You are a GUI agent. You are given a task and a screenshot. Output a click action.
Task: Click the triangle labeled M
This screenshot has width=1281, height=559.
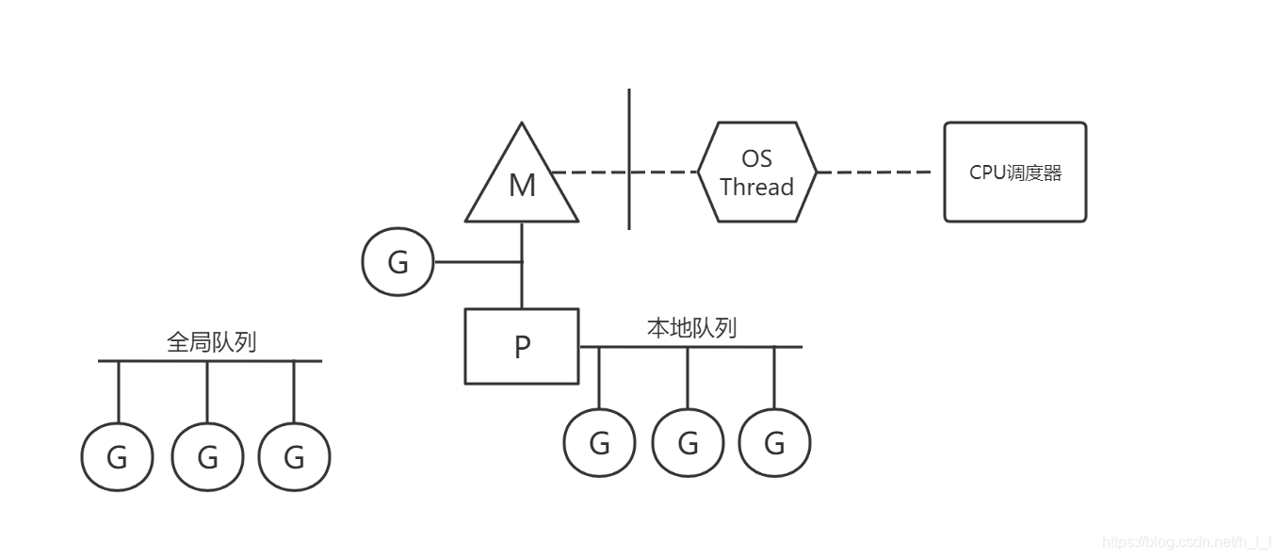tap(522, 182)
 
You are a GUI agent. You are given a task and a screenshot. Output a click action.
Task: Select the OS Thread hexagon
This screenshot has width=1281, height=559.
tap(756, 172)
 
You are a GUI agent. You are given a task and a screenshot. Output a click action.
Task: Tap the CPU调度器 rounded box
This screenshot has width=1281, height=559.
tap(1014, 172)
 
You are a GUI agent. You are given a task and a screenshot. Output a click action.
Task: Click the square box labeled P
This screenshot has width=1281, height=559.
tap(522, 346)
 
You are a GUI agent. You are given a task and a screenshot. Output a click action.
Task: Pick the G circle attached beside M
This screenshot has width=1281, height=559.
tap(397, 262)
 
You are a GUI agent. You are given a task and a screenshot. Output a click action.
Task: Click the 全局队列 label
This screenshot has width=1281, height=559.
tap(211, 342)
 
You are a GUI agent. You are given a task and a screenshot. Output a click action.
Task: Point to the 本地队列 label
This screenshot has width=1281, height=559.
tap(691, 328)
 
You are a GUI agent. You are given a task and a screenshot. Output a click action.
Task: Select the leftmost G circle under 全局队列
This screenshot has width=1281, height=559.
tap(118, 457)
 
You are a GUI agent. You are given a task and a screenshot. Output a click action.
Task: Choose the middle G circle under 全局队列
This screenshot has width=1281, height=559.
tap(207, 457)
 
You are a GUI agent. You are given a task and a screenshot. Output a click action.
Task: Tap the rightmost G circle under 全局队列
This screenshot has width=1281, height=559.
tap(294, 457)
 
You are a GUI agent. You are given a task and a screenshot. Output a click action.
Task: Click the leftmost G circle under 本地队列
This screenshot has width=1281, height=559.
tap(599, 442)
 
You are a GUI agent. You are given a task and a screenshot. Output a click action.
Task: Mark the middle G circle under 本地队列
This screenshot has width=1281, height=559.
tap(688, 442)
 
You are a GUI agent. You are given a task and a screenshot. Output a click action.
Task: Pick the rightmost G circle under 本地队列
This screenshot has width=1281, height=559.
tap(774, 442)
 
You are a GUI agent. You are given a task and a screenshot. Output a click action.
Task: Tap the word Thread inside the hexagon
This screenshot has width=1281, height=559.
tap(756, 187)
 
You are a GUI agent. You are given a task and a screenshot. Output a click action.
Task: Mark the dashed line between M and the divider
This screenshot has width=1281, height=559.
tap(589, 172)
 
